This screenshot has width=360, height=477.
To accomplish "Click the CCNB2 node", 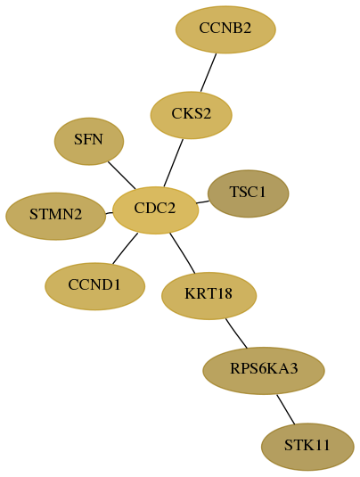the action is (225, 29).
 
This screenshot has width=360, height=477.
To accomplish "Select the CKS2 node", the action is (192, 115).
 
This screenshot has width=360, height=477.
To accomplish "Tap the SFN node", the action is (89, 142).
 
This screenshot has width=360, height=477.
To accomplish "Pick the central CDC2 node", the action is (155, 210).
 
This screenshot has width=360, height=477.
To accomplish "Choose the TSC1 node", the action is (248, 193).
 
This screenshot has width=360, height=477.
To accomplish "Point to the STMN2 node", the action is (56, 217).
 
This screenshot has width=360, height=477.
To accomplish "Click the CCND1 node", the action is (94, 286).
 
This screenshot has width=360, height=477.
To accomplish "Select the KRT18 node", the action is (209, 296).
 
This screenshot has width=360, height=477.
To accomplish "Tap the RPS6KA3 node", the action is (264, 371).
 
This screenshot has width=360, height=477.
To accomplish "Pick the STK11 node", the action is (307, 447).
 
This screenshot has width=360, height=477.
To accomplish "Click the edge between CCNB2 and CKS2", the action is (209, 72).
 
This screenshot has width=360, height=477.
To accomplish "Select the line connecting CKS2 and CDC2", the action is (173, 163).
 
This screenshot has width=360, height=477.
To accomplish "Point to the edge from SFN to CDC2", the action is (121, 175).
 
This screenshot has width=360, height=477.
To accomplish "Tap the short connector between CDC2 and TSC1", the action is (202, 202).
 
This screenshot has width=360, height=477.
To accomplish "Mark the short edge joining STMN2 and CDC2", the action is (109, 213).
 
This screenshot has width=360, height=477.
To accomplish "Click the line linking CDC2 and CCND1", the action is (125, 248).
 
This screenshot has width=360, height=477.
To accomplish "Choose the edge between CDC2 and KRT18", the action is (183, 253).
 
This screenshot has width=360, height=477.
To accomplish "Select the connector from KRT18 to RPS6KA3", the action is (236, 333).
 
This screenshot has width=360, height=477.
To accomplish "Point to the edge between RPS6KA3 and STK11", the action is (285, 409).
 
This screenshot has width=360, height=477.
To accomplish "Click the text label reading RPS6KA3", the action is (264, 369).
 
